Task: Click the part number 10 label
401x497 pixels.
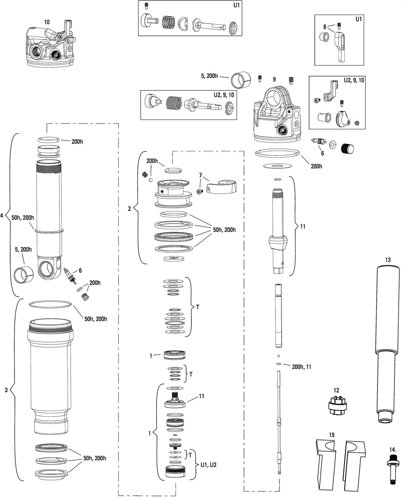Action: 47,22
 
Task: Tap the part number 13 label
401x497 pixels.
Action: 388,260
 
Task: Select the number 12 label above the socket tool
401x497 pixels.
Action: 336,390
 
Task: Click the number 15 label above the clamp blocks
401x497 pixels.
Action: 331,435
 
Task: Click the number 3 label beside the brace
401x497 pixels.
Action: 6,390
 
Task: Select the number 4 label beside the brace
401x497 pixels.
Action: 2,216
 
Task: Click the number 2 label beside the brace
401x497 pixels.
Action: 129,209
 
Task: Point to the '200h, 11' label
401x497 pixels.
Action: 301,367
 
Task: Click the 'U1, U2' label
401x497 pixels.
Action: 208,465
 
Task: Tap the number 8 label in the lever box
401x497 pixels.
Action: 325,27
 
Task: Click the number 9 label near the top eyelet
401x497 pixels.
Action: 274,79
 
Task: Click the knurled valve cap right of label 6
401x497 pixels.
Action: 347,149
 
